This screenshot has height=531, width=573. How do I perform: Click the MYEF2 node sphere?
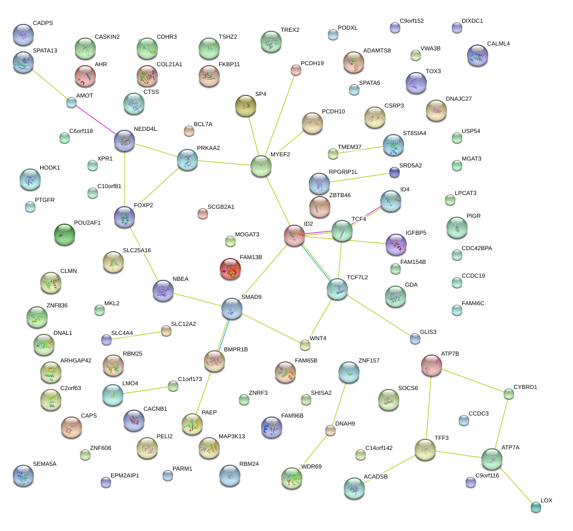coord(261,165)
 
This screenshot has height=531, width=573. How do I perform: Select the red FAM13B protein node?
coord(230,268)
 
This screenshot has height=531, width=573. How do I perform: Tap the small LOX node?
coord(535,507)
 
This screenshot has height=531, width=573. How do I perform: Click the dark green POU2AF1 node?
coord(65,234)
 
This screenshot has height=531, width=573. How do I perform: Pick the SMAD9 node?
coord(232,308)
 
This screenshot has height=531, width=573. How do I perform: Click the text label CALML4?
coord(498,44)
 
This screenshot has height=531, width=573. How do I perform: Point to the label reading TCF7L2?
coord(357,277)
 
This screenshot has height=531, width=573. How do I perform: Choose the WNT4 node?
coord(305,345)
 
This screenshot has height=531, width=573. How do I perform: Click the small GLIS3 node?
coord(415,338)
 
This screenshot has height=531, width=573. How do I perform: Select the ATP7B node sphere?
coord(432,365)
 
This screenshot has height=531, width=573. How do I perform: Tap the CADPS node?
coord(23,34)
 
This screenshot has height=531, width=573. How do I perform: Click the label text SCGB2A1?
coord(221,207)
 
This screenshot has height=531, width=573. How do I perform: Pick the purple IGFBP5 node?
coord(396,244)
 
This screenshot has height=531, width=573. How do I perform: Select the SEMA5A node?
coord(23,475)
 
